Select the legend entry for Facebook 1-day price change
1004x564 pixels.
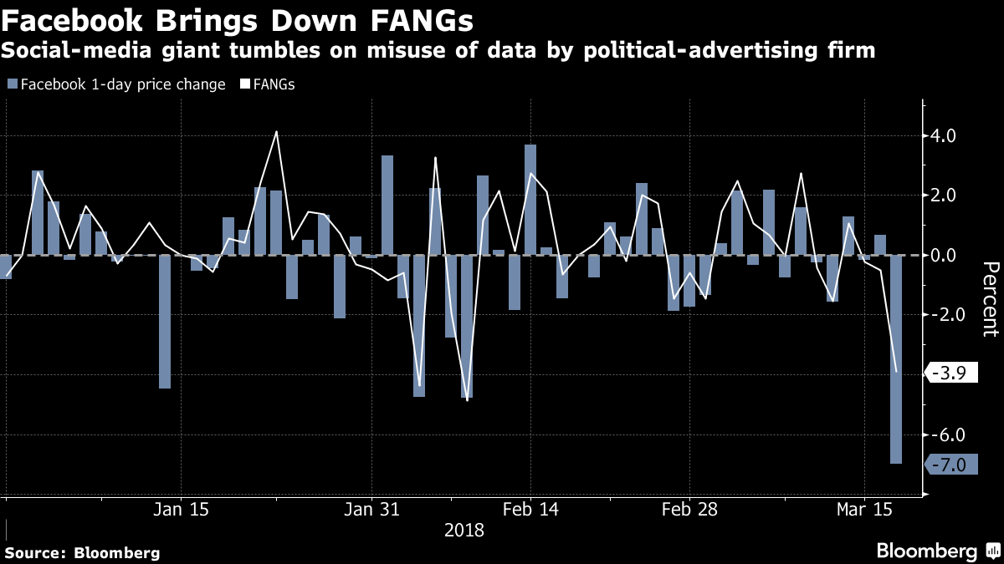(116, 84)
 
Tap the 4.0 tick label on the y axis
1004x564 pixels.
(950, 135)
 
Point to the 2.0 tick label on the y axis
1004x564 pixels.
(950, 196)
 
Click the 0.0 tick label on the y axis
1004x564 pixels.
(950, 256)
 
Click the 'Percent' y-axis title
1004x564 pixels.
(990, 298)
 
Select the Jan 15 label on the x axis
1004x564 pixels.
(182, 510)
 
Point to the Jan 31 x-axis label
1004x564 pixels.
(371, 510)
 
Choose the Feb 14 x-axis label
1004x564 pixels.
(530, 510)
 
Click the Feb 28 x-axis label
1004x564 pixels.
(689, 510)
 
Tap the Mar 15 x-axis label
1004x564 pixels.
(864, 510)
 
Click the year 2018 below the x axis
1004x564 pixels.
(464, 530)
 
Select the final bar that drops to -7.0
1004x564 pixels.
(896, 359)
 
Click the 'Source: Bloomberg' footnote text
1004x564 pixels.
(82, 552)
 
